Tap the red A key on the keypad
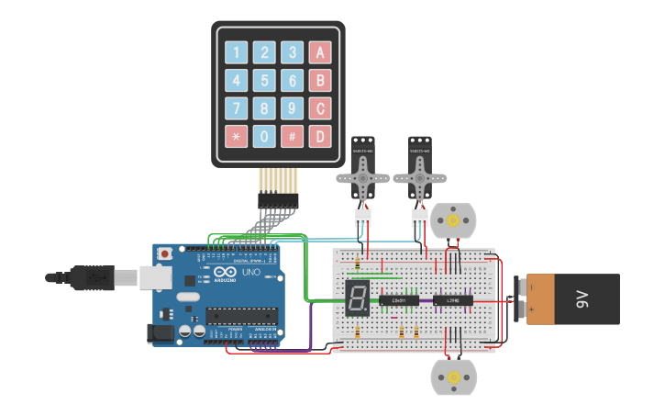[319, 52]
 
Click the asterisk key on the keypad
[236, 137]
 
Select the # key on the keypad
[292, 137]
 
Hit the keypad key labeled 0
[264, 137]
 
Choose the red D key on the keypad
[319, 137]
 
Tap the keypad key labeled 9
[292, 108]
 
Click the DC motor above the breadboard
[453, 220]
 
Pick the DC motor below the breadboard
[453, 377]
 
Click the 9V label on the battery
[581, 299]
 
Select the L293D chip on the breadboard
[453, 299]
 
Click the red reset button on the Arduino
[165, 253]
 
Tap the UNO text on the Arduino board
[250, 273]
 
